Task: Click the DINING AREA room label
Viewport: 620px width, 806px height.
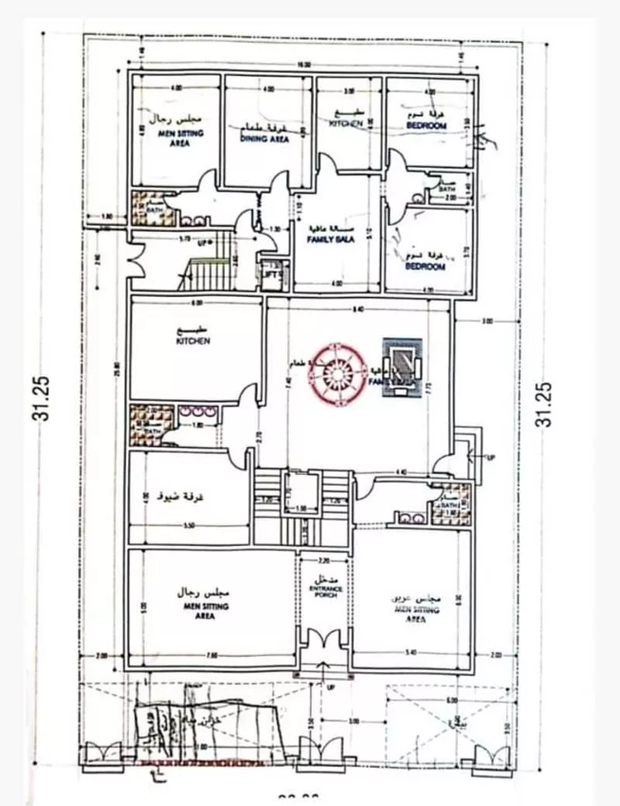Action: click(265, 140)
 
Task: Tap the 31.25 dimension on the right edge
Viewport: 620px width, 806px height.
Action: click(542, 405)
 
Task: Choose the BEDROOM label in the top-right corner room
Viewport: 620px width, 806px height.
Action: click(427, 125)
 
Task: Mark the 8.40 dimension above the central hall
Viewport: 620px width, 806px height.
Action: click(357, 310)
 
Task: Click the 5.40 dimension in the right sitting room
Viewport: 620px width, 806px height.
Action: click(411, 655)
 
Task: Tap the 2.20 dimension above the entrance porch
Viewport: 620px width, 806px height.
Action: click(323, 559)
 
